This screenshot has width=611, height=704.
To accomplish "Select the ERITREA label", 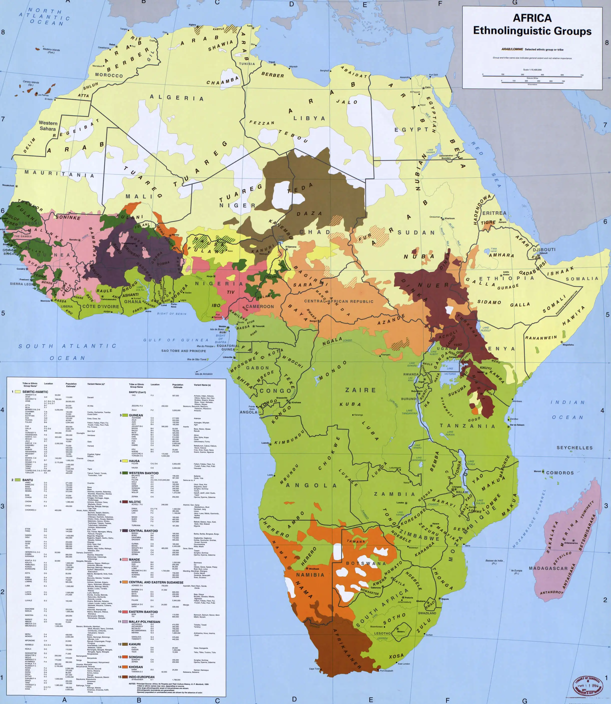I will click(x=494, y=213).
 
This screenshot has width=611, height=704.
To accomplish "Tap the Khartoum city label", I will click(x=449, y=219).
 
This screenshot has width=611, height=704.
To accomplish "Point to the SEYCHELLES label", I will click(x=575, y=448).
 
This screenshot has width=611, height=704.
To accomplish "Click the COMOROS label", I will click(x=560, y=473).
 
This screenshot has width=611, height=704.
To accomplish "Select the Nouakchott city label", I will click(x=8, y=186).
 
